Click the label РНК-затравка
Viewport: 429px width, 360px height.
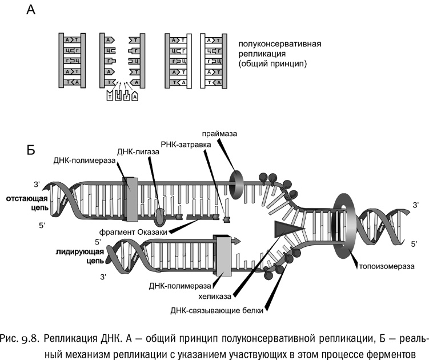click(185, 145)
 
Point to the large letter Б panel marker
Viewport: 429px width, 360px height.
click(32, 150)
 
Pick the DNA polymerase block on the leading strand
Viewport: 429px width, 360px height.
click(222, 255)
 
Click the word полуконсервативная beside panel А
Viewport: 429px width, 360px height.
click(280, 43)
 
